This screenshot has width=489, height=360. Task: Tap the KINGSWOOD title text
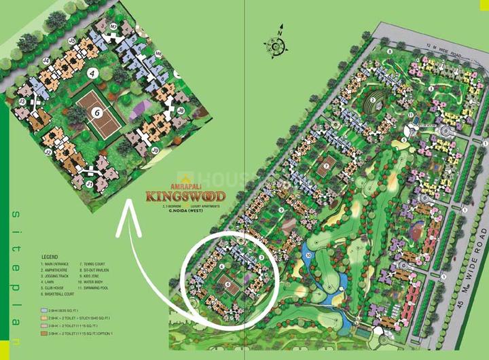(x=184, y=198)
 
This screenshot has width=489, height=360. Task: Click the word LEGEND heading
(x=50, y=257)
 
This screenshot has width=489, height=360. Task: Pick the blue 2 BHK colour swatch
(x=44, y=308)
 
